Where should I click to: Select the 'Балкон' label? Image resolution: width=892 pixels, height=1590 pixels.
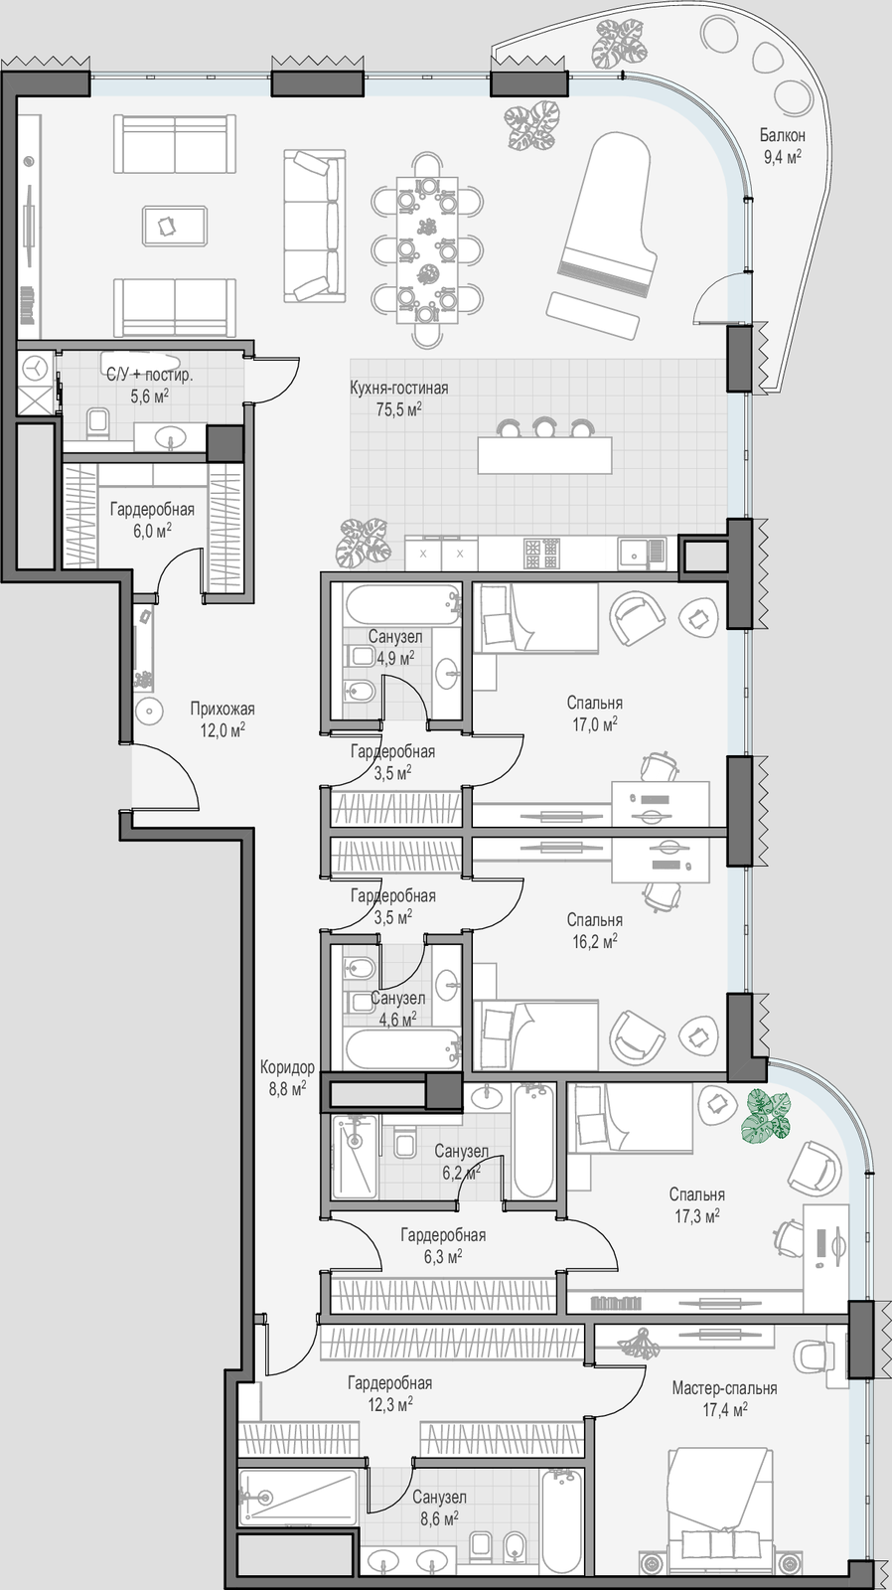[782, 135]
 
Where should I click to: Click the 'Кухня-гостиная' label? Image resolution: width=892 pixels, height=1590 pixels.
[398, 388]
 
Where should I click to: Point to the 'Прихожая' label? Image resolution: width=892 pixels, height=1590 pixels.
[223, 709]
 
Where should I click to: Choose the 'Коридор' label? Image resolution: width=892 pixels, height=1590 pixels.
[287, 1067]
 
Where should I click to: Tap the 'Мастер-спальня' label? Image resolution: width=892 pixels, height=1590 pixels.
[724, 1387]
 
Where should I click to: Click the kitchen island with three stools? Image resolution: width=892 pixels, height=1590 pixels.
[544, 446]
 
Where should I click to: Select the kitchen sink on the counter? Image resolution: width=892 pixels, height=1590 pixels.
[642, 553]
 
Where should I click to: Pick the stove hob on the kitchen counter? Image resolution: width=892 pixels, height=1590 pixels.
[541, 553]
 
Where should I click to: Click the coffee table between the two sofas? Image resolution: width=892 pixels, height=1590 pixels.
[175, 226]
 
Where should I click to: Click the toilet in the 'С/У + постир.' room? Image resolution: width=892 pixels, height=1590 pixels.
[97, 422]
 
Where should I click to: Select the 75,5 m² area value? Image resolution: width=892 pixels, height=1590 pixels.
[398, 408]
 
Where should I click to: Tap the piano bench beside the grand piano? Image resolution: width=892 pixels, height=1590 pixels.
[592, 315]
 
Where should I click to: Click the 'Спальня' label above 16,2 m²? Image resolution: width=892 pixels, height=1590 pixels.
[595, 920]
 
